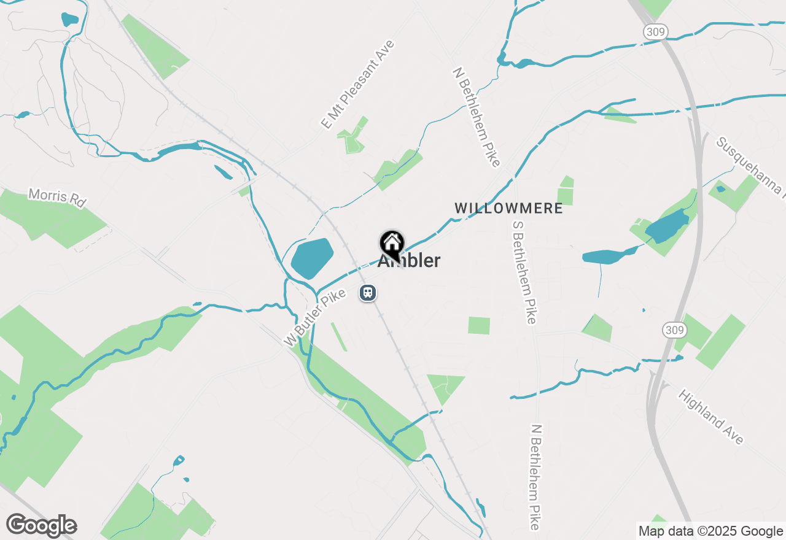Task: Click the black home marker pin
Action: pyautogui.click(x=392, y=244)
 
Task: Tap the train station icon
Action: pyautogui.click(x=368, y=293)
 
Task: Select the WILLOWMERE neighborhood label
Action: pyautogui.click(x=508, y=208)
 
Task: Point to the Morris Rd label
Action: pyautogui.click(x=57, y=198)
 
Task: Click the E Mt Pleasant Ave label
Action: pyautogui.click(x=357, y=85)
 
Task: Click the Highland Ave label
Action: pyautogui.click(x=711, y=417)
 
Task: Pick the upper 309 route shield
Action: pyautogui.click(x=656, y=32)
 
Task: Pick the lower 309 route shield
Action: pyautogui.click(x=674, y=330)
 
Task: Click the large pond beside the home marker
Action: pyautogui.click(x=312, y=258)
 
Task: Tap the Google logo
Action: pyautogui.click(x=42, y=525)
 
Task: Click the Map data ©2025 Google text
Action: pyautogui.click(x=710, y=531)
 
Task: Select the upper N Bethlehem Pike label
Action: pyautogui.click(x=477, y=117)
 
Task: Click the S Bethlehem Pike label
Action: pyautogui.click(x=524, y=270)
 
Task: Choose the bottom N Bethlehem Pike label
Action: pyautogui.click(x=535, y=477)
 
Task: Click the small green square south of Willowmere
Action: pyautogui.click(x=479, y=326)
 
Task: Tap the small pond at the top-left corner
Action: pyautogui.click(x=70, y=19)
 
